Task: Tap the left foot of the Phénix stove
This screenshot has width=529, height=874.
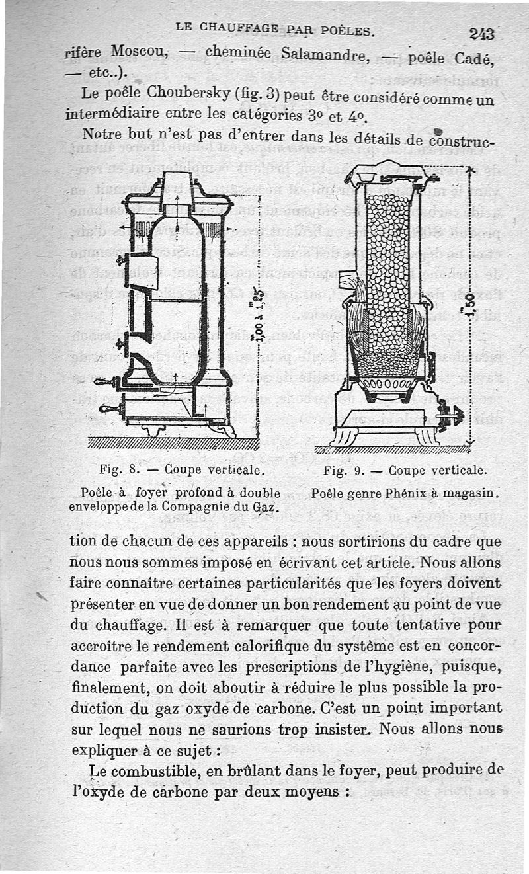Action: click(345, 436)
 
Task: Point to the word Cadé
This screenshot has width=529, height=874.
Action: click(474, 60)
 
